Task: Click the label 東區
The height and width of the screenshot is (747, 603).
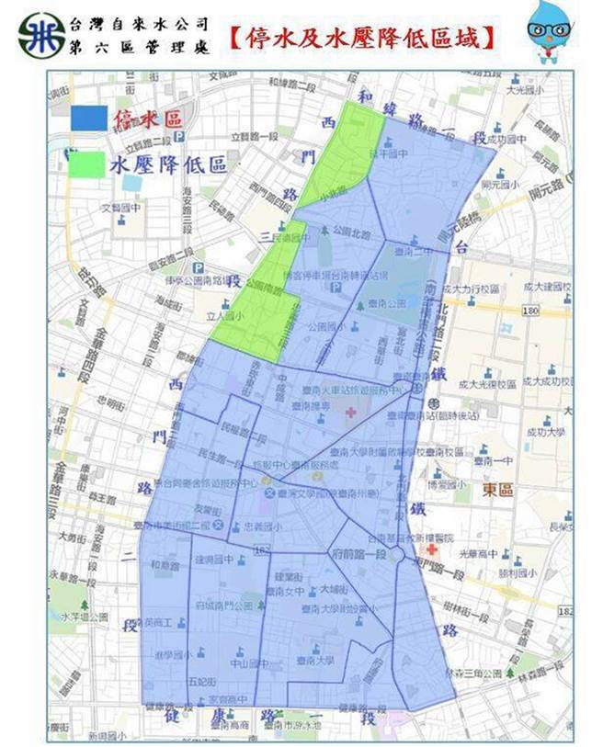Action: pyautogui.click(x=501, y=490)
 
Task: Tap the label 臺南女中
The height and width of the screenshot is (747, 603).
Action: pyautogui.click(x=290, y=592)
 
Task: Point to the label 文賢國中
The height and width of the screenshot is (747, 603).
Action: pyautogui.click(x=119, y=207)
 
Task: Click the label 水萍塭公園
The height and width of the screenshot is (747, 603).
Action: pyautogui.click(x=80, y=617)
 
